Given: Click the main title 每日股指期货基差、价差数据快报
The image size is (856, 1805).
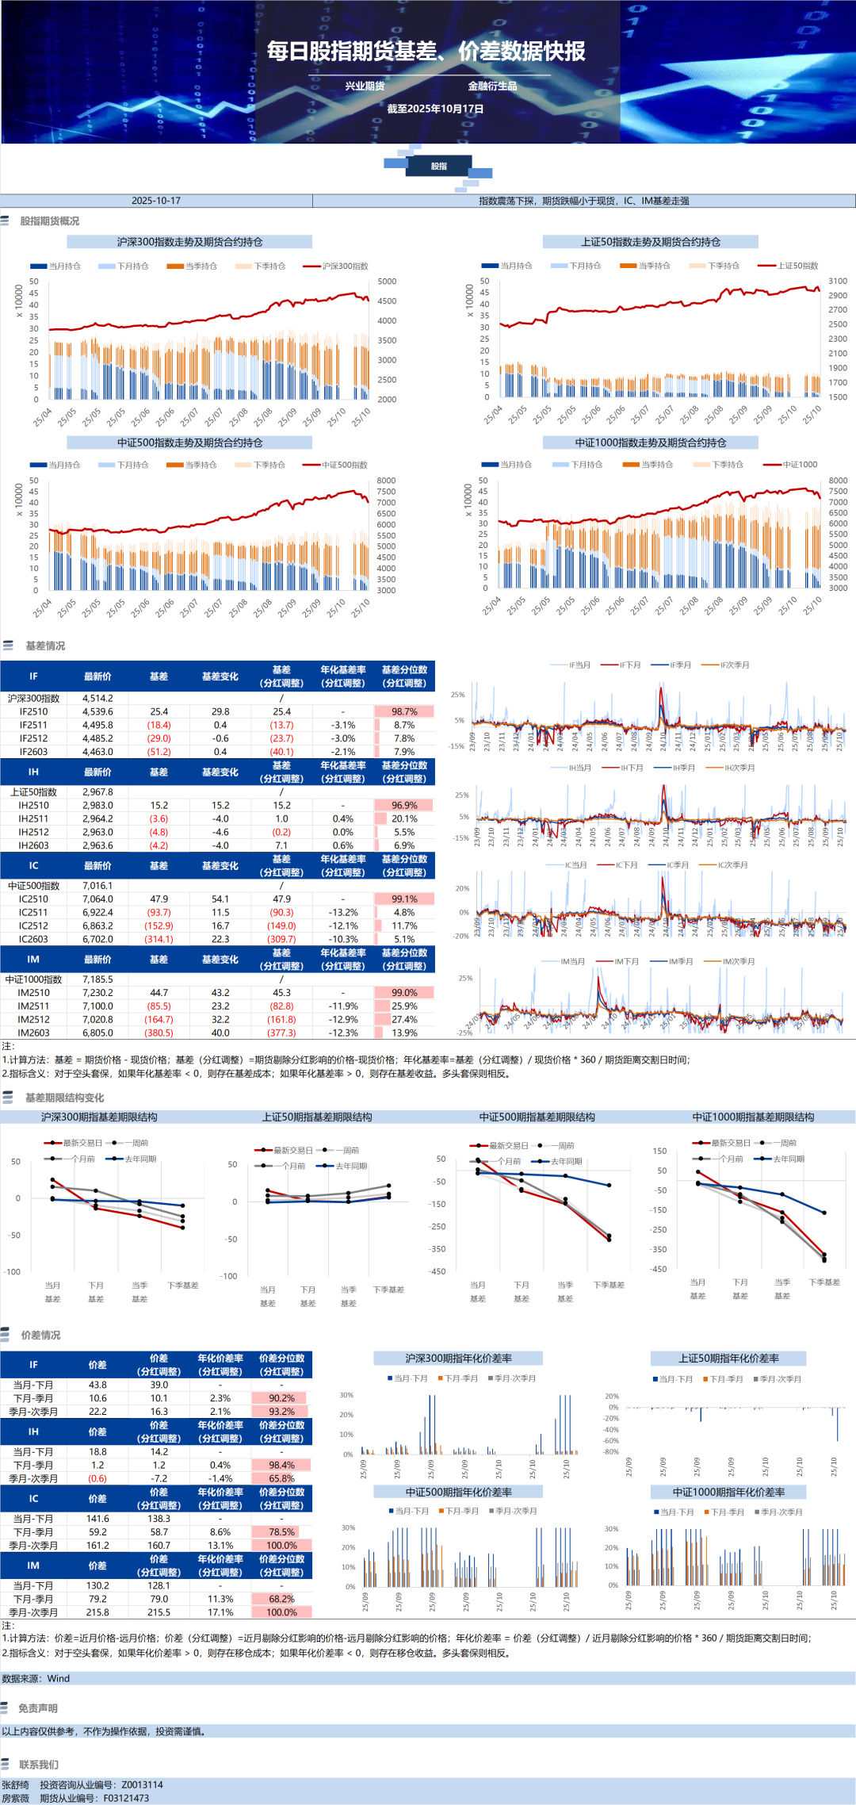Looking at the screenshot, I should [x=426, y=52].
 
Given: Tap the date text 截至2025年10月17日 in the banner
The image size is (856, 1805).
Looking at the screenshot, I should [x=435, y=109].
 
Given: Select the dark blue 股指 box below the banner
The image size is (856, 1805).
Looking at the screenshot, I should [x=439, y=167].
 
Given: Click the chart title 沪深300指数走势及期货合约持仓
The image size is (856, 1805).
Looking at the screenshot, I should [x=189, y=242].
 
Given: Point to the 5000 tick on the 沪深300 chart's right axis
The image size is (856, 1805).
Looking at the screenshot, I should [x=387, y=282].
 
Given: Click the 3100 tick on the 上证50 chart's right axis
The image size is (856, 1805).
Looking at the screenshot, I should [x=838, y=281].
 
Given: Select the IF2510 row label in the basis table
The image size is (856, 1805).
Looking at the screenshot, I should [x=33, y=712].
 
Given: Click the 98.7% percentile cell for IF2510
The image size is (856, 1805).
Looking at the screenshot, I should [x=404, y=712].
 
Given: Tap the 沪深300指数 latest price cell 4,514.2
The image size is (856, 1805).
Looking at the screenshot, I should [x=97, y=699].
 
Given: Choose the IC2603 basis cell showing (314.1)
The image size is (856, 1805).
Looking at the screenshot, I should [x=159, y=939].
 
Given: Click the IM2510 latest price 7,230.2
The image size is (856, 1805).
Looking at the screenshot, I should [x=97, y=993].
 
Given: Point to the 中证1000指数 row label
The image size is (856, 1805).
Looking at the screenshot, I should [x=33, y=979].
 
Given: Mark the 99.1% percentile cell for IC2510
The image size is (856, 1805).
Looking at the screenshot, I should [x=404, y=899].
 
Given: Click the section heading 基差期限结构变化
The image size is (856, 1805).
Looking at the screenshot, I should [x=64, y=1098].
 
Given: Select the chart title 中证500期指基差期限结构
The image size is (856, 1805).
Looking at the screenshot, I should [x=537, y=1117].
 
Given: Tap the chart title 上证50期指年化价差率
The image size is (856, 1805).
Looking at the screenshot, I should [x=728, y=1359].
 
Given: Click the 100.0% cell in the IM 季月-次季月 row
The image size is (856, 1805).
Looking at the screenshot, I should [x=281, y=1612].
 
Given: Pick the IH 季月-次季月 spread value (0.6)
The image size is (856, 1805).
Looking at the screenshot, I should [x=97, y=1478].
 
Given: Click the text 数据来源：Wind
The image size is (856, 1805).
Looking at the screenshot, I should [x=36, y=1679].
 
